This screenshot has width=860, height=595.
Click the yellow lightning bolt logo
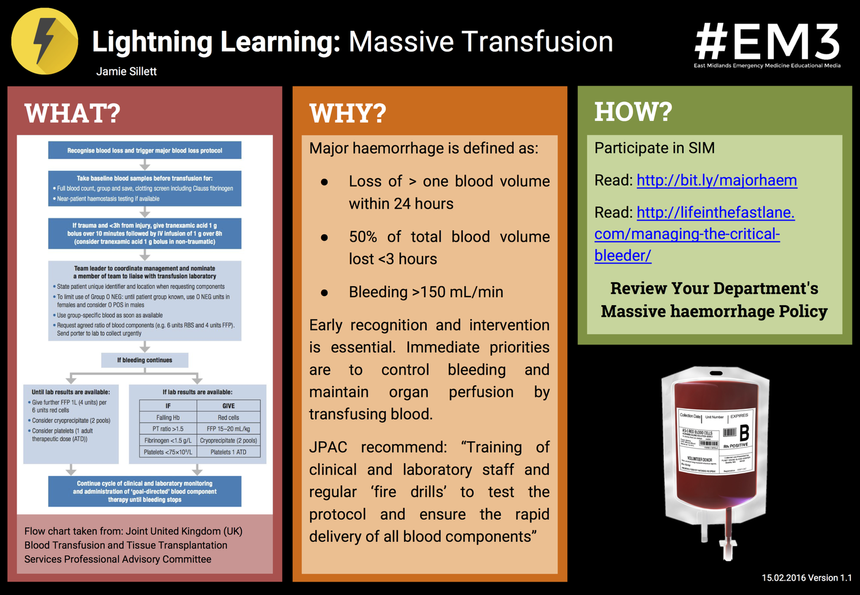point(45,41)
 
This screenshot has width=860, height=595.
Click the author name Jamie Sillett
point(126,72)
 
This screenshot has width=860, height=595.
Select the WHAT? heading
point(72,113)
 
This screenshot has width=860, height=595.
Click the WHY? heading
point(347,113)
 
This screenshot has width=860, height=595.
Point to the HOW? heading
point(633,112)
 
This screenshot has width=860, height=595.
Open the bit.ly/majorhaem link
point(717,180)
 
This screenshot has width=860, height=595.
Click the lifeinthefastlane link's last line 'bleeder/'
point(623,255)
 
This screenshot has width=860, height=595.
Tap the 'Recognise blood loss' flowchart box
point(144,151)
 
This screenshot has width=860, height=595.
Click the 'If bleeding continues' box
point(144,360)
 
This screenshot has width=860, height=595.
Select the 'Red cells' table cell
point(228,417)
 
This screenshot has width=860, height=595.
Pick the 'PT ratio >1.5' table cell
point(168,429)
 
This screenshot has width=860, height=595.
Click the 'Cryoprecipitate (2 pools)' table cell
point(228,440)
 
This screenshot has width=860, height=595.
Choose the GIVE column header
point(228,405)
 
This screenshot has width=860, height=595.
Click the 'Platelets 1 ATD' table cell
point(228,452)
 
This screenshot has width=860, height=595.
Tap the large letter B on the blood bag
point(744,432)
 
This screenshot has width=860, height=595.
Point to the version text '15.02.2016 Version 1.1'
point(806,578)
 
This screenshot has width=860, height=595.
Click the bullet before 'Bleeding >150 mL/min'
point(325,293)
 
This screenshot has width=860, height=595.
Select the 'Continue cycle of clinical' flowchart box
point(144,491)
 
